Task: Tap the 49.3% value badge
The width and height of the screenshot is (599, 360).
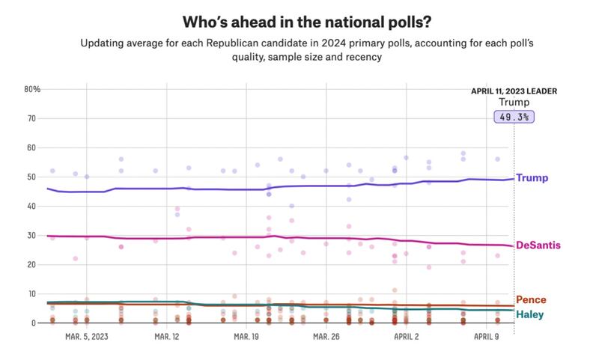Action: [x=514, y=117]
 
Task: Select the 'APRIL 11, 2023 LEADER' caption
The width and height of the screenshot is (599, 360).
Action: [x=514, y=91]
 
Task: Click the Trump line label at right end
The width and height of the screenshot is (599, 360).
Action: [x=532, y=178]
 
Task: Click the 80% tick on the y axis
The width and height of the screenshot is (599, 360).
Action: [x=32, y=89]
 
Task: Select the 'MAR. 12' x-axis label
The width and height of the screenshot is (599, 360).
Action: [x=167, y=337]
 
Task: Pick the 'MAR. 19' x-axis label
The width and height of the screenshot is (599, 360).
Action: [x=246, y=337]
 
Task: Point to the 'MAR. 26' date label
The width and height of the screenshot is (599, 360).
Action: [x=326, y=337]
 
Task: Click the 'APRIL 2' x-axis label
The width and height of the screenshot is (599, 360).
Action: [x=405, y=337]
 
